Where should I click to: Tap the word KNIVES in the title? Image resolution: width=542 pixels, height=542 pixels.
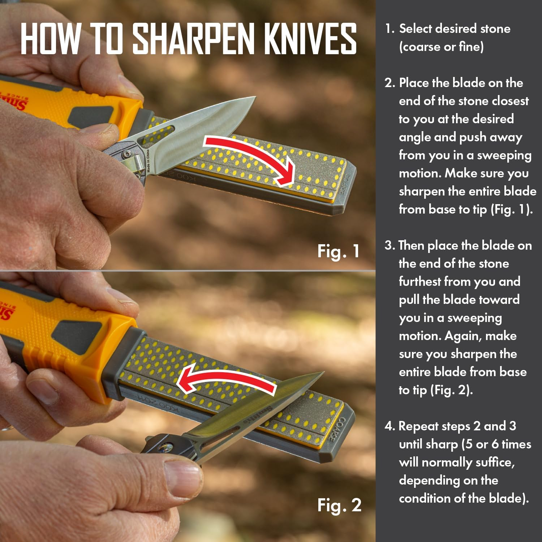[310, 39]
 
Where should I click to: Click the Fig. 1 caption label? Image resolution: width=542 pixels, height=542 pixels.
[339, 251]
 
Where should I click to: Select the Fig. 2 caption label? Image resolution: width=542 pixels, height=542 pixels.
[339, 505]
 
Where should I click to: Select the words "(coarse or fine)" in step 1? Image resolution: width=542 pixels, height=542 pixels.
[441, 47]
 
